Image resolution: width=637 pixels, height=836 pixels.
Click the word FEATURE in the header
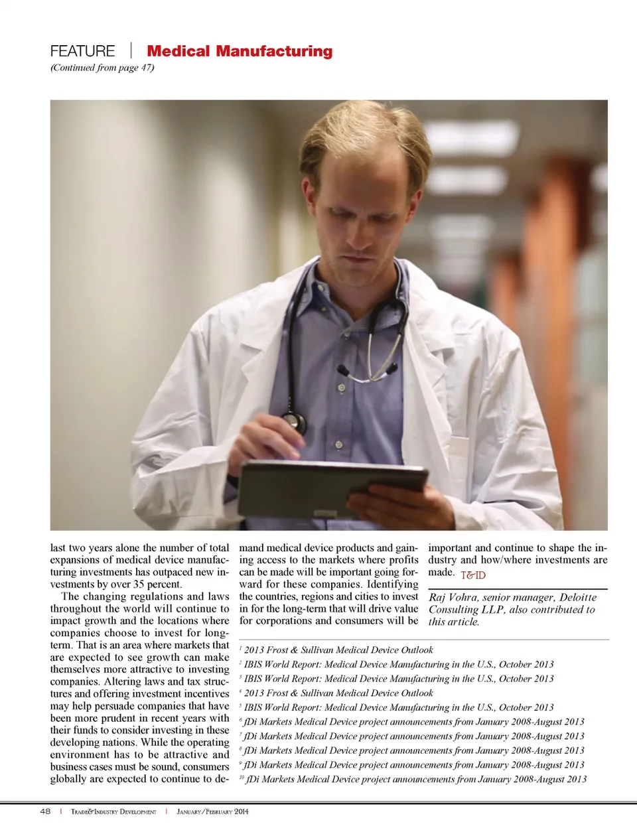point(82,51)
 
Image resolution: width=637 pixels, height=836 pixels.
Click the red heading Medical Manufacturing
point(240,51)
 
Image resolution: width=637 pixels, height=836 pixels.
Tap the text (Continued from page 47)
point(102,68)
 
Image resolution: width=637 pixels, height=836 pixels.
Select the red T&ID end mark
point(473,575)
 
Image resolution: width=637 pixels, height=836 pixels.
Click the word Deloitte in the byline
point(578,597)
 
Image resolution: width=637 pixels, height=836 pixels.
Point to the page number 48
point(45,811)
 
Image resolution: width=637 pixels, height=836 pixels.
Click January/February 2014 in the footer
point(212,811)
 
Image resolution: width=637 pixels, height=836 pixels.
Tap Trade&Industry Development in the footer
point(113,811)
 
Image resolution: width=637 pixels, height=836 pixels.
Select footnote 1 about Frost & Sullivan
point(338,650)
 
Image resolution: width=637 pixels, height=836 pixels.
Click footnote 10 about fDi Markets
point(415,779)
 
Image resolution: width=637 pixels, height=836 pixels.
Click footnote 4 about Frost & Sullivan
point(338,693)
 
